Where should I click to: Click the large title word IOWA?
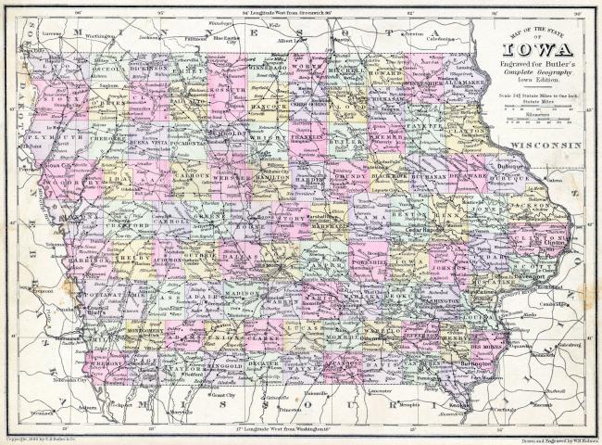tap(534, 52)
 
